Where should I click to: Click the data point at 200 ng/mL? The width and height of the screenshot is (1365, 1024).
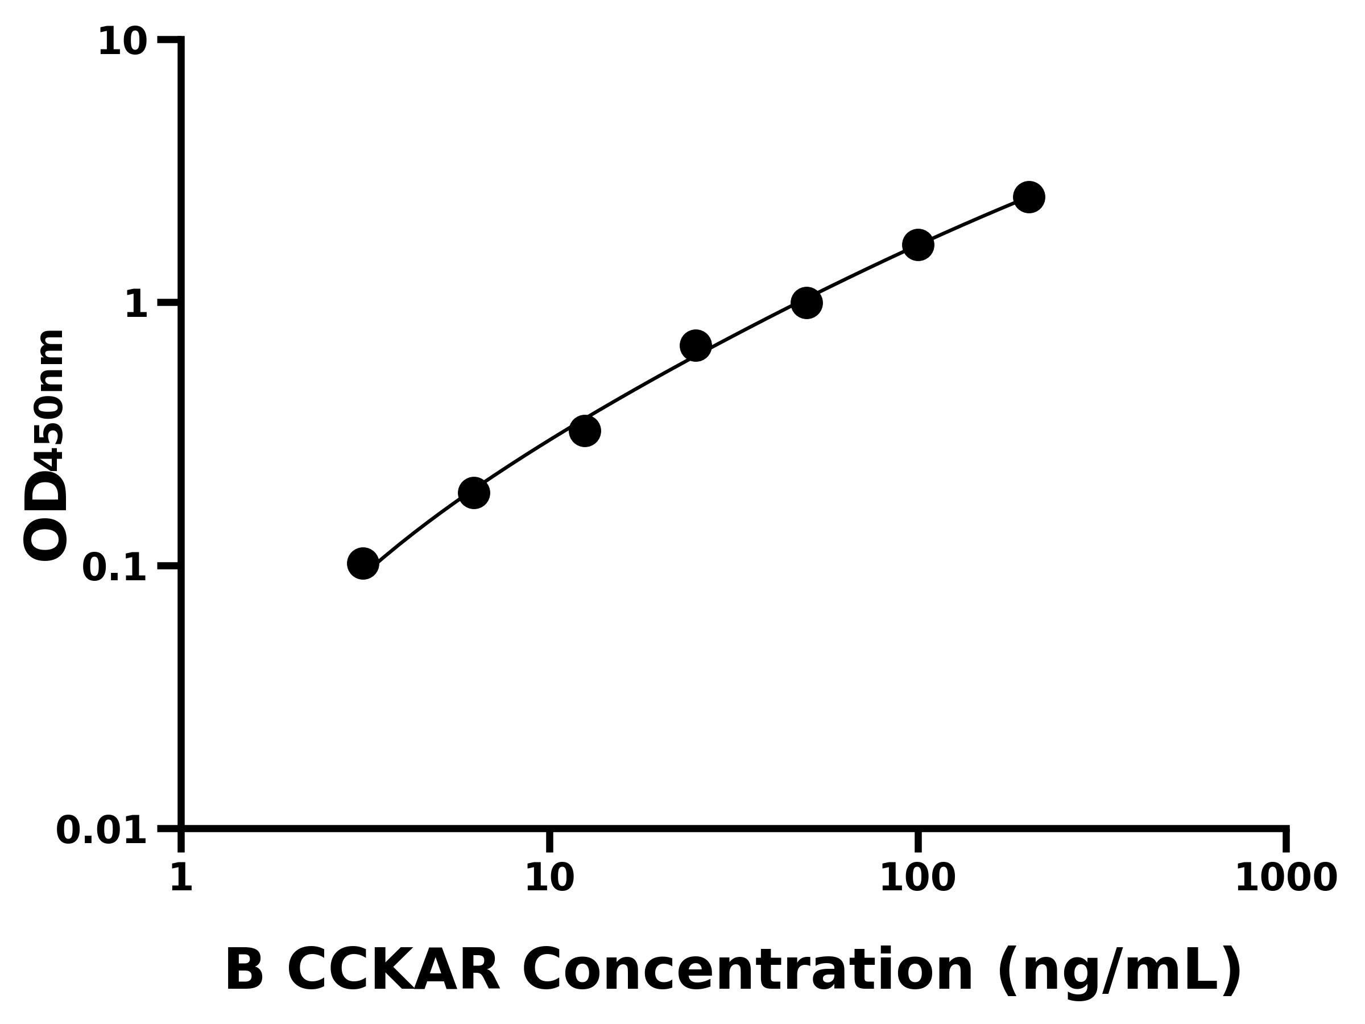[x=1029, y=197]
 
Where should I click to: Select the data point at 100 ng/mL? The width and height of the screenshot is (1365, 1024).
[x=917, y=245]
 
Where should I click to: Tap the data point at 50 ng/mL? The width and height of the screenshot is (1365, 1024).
[x=806, y=303]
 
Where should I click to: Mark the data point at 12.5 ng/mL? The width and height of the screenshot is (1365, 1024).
[x=584, y=430]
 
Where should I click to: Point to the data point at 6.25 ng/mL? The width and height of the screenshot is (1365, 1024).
[x=473, y=493]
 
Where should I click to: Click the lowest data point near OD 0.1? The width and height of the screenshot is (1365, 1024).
[x=363, y=564]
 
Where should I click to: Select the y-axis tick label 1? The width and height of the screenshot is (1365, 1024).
[x=136, y=305]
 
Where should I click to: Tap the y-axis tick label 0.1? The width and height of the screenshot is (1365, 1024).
[x=115, y=568]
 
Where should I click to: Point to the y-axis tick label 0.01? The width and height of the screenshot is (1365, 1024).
[x=102, y=831]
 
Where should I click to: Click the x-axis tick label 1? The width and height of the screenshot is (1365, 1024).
[x=181, y=878]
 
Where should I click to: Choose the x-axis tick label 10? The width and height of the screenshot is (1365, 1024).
[x=549, y=878]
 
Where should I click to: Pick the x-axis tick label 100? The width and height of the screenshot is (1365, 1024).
[x=917, y=878]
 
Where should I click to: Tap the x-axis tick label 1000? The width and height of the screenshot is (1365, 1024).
[x=1285, y=878]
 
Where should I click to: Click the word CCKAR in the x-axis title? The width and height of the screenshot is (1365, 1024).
[x=393, y=971]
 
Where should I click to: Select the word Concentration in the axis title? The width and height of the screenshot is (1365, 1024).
[x=747, y=971]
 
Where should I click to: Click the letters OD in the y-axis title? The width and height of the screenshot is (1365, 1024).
[x=45, y=516]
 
